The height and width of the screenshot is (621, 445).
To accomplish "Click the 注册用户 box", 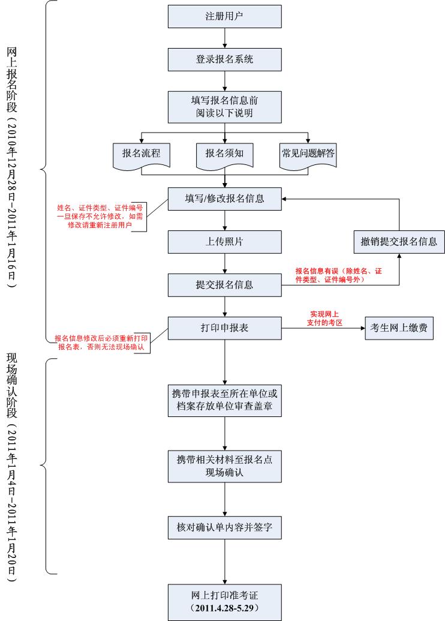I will coord(224,16).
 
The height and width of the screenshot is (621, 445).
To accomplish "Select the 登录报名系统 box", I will coord(224,59).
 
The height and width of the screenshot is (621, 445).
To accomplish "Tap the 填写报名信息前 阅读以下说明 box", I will coord(224,106).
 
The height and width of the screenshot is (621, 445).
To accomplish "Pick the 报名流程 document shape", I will coord(141,154).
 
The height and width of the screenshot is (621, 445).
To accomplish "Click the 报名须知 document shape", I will coord(224,154).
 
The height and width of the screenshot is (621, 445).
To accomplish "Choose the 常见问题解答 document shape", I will coord(308,154).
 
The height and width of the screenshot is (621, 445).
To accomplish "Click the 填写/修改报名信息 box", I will coord(224,199).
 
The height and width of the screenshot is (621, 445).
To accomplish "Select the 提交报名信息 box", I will coord(224,284).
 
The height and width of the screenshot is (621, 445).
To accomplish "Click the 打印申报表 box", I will coord(224,328).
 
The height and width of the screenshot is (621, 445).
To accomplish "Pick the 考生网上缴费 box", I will coord(399,328).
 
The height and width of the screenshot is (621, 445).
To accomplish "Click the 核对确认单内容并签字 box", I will coord(224,527).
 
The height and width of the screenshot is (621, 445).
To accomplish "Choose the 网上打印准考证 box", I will coord(224,601).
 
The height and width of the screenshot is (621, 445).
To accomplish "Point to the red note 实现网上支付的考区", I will coord(324,319).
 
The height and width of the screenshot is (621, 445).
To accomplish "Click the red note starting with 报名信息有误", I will coord(339,275).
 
